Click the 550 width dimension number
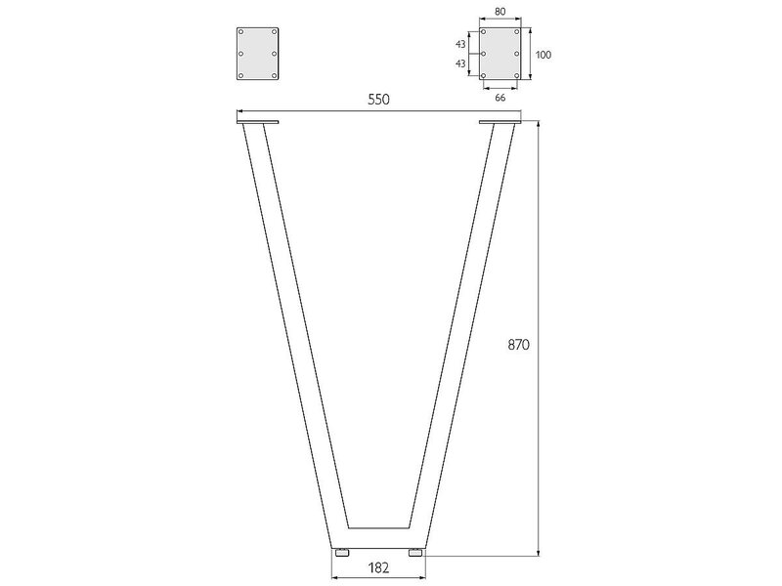coord(378,100)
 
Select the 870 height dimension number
coord(519,345)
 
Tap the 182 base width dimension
coord(378,567)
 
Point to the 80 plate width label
coord(500,12)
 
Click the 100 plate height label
coord(543,55)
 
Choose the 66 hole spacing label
coord(500,98)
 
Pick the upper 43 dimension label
coord(460,44)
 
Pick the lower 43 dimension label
coord(460,63)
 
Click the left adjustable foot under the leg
coord(341,553)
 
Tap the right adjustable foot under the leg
coord(415,553)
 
